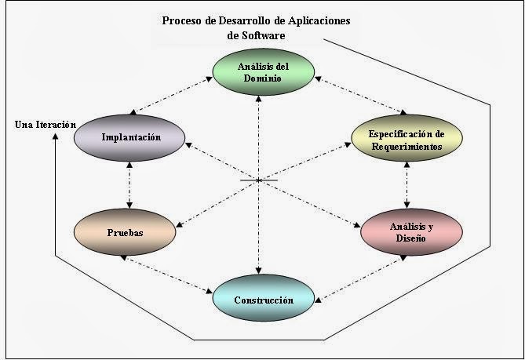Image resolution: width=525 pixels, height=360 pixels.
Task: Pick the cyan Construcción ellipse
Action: coord(264,300)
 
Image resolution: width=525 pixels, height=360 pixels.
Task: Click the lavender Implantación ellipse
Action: coord(130,137)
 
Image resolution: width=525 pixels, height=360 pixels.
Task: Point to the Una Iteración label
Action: coord(46,125)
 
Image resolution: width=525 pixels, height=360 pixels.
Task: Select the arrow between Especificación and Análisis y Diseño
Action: coord(407,185)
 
